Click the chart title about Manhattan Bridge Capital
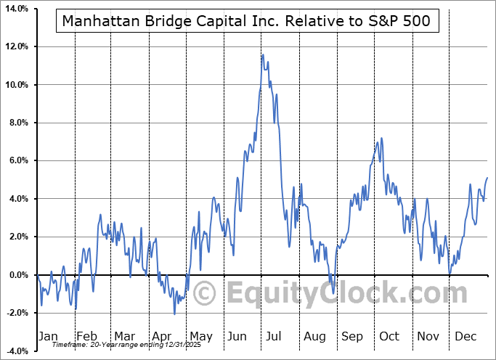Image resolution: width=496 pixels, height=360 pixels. tap(246, 21)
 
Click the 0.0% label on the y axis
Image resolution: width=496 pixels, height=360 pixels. tap(17, 275)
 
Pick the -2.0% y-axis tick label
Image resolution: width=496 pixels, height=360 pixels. tap(17, 313)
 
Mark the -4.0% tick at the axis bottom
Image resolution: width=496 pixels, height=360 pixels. tap(17, 351)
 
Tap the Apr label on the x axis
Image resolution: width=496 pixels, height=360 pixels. tap(162, 336)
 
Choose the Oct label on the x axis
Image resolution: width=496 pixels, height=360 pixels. tap(389, 336)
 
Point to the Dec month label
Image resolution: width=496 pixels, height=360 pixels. tap(465, 336)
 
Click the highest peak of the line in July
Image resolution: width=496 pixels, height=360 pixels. tap(262, 54)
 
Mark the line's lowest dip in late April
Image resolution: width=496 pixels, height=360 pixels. tap(174, 314)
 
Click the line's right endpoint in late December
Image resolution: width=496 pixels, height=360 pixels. tap(487, 178)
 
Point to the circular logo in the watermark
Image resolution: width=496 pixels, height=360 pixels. tap(206, 293)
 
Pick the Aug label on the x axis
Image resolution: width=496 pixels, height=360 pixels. tap(314, 336)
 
